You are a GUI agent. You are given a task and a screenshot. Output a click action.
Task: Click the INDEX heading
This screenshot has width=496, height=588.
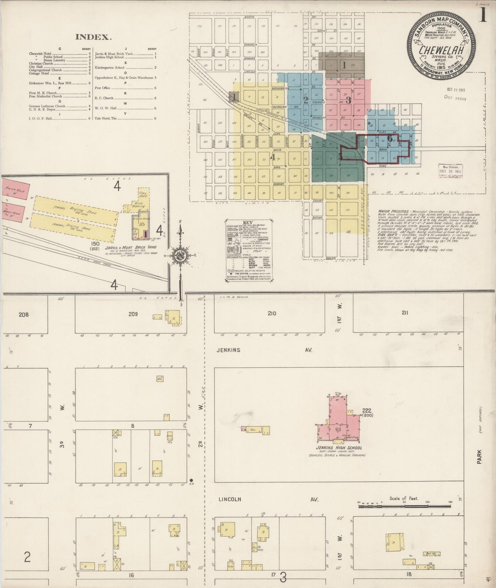click(93, 37)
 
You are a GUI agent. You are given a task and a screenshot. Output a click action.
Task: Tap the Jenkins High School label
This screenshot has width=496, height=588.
click(339, 447)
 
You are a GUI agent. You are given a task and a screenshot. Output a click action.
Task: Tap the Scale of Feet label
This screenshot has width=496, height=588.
click(404, 498)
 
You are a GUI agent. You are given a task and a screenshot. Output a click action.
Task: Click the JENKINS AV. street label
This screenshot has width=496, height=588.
click(264, 350)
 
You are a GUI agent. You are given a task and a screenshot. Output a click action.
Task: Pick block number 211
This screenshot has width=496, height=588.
click(405, 313)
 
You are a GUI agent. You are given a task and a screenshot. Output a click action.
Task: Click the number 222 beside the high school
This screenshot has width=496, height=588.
click(366, 410)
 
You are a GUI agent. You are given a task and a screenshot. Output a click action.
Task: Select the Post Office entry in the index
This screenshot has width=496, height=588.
click(102, 88)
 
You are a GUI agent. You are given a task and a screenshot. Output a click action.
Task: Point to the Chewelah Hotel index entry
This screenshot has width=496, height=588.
click(40, 54)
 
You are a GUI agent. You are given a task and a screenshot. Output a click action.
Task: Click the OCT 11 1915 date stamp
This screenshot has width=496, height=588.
click(455, 90)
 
